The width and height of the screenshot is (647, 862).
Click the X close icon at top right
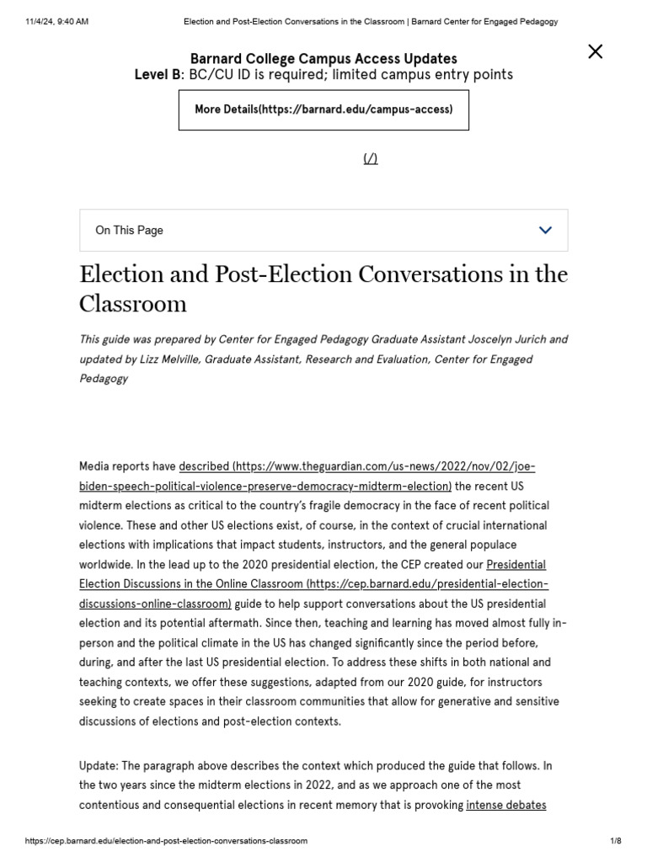click(595, 52)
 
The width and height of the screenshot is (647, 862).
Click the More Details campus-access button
click(323, 109)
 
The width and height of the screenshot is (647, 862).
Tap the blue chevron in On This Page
click(545, 230)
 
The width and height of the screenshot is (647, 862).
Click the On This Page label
click(129, 230)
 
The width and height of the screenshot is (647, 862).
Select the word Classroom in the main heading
click(133, 304)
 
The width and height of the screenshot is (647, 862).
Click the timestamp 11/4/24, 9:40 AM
click(57, 21)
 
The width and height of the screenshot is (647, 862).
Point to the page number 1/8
click(615, 841)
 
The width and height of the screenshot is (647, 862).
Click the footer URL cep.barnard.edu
click(166, 841)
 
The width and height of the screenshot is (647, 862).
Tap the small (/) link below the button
click(371, 159)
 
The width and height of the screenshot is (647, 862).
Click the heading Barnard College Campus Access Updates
click(323, 59)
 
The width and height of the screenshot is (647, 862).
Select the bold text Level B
click(158, 75)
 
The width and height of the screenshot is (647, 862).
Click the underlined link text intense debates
click(505, 805)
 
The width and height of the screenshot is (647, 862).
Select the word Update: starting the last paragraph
click(99, 766)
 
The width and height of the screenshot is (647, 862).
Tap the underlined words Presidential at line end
click(516, 564)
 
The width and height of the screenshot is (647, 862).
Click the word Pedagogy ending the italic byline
click(104, 379)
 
